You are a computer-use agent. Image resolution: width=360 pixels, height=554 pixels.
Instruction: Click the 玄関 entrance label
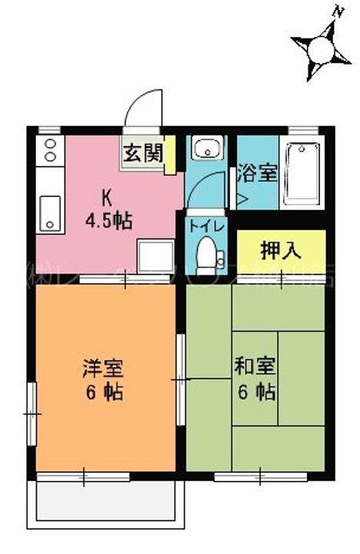pyautogui.click(x=142, y=153)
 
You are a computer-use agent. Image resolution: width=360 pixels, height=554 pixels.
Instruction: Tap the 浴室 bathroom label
pyautogui.click(x=257, y=172)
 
